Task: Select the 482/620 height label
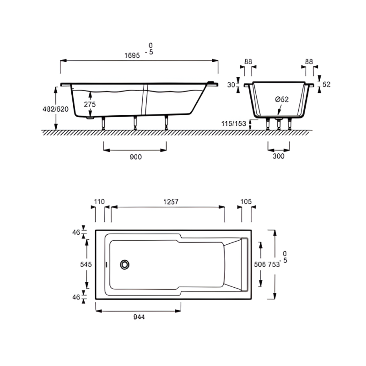(55, 109)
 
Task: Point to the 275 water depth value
(90, 104)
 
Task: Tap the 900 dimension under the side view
(135, 156)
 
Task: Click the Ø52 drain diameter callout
(282, 99)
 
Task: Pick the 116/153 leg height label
(234, 124)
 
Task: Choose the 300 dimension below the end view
(278, 156)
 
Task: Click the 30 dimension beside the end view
(231, 85)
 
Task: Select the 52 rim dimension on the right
(326, 84)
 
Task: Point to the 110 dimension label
(100, 201)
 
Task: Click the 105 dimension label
(246, 201)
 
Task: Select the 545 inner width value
(86, 264)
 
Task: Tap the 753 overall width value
(274, 264)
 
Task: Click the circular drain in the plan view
(125, 264)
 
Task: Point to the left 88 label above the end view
(248, 61)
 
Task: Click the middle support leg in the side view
(135, 123)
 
